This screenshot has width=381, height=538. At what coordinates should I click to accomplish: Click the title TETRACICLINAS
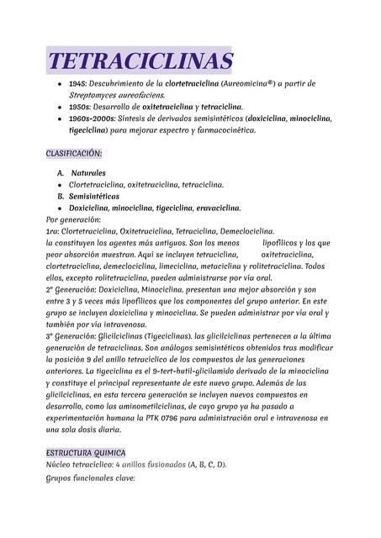140,61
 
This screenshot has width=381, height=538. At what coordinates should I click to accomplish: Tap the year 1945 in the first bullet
78,85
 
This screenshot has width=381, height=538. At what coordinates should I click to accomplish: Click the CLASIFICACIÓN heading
74,154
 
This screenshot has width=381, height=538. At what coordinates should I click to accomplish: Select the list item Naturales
88,172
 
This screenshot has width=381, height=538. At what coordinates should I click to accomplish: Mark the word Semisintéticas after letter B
93,196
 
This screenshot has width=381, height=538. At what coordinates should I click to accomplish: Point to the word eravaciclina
214,208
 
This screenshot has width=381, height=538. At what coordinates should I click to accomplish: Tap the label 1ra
53,230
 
